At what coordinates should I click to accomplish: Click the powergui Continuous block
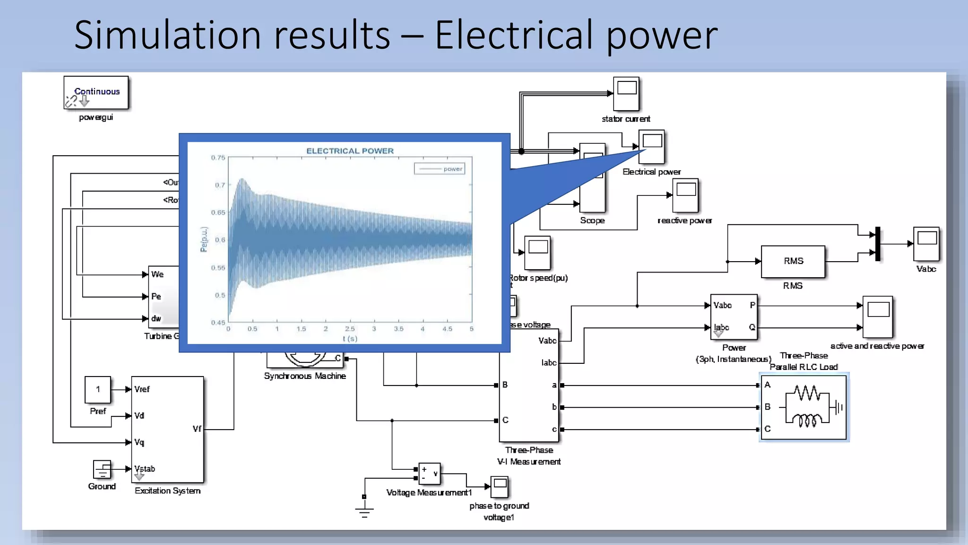(96, 93)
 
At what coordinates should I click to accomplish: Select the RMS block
(793, 261)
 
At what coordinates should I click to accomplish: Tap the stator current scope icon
(626, 94)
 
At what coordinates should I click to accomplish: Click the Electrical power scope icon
(651, 147)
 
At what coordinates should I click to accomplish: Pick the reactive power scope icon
(685, 195)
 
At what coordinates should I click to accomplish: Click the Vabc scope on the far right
(926, 244)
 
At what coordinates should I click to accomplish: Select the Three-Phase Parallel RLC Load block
(804, 407)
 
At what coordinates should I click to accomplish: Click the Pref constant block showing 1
(98, 389)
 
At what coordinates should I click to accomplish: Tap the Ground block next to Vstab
(102, 470)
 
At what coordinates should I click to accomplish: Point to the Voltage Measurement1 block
(429, 473)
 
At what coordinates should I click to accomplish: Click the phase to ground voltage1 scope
(500, 487)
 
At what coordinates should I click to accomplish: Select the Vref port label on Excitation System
(142, 389)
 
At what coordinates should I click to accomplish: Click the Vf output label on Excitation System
(197, 429)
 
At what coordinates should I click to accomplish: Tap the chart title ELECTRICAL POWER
(350, 151)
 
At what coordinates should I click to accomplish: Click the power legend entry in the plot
(452, 169)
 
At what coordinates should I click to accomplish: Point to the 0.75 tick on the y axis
(218, 158)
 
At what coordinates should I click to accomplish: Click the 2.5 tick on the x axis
(350, 329)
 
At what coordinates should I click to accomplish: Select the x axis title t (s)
(350, 339)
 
